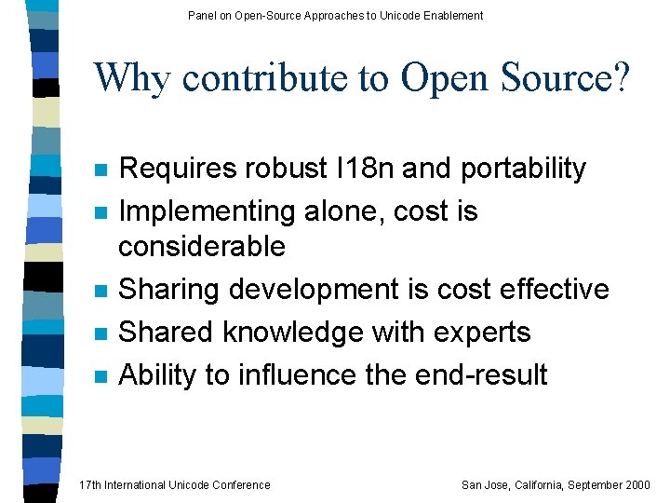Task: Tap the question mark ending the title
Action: [x=620, y=77]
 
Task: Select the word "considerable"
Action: [x=202, y=247]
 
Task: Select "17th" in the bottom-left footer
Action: [x=90, y=484]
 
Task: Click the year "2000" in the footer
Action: [x=636, y=484]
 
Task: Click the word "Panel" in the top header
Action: [x=202, y=15]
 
